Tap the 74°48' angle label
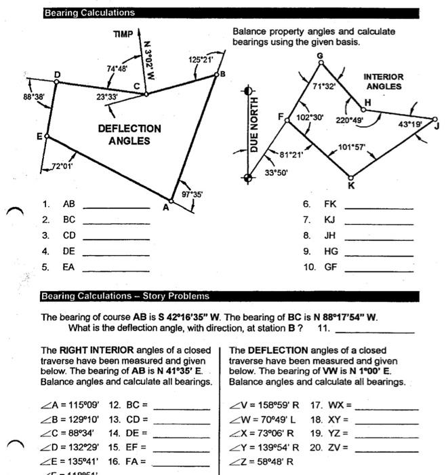pyautogui.click(x=117, y=69)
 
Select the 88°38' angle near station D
pyautogui.click(x=34, y=97)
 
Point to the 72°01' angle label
pyautogui.click(x=62, y=166)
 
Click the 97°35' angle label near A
pyautogui.click(x=192, y=194)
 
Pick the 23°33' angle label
pyautogui.click(x=106, y=97)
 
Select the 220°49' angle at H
pyautogui.click(x=350, y=120)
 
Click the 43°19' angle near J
pyautogui.click(x=409, y=124)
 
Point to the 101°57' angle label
pyautogui.click(x=351, y=147)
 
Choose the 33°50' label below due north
pyautogui.click(x=276, y=172)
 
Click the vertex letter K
pyautogui.click(x=350, y=186)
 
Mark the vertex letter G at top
pyautogui.click(x=320, y=55)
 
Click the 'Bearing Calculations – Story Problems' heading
pyautogui.click(x=127, y=297)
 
